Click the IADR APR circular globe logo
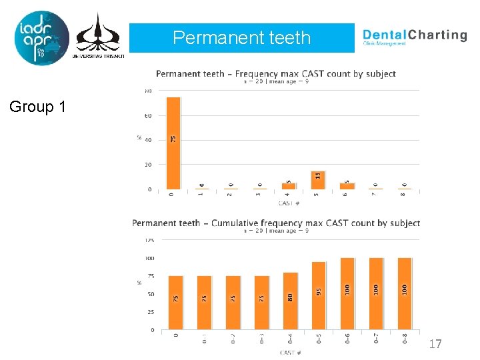(41, 37)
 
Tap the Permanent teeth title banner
(241, 38)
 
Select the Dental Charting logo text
(414, 36)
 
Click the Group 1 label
(38, 106)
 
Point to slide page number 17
(435, 344)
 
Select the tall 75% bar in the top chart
(173, 143)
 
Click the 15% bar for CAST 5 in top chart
(318, 180)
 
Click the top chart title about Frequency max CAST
(275, 73)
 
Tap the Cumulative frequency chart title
(276, 223)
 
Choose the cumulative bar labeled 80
(289, 301)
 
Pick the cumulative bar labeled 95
(318, 295)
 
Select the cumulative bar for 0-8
(404, 293)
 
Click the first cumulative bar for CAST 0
(175, 303)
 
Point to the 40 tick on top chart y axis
(149, 140)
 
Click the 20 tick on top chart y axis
(149, 165)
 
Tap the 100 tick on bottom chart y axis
(149, 258)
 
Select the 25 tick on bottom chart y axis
(150, 312)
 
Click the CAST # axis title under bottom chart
(290, 353)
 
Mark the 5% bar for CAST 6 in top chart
(347, 186)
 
